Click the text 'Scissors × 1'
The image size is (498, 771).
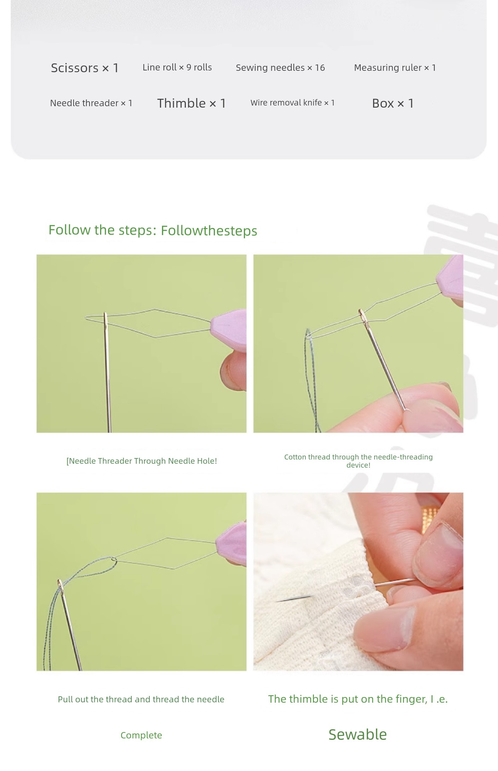(x=85, y=68)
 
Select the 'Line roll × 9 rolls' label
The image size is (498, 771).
(x=177, y=67)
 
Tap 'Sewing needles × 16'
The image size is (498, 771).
(x=280, y=68)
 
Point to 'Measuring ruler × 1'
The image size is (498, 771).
(x=395, y=68)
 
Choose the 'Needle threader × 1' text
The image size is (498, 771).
(x=91, y=103)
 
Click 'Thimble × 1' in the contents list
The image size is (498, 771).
(x=191, y=103)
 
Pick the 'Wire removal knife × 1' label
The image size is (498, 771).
(x=292, y=103)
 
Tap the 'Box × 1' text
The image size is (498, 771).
(x=393, y=103)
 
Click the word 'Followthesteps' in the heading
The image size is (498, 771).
(x=209, y=231)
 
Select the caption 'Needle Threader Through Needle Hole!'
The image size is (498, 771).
(x=143, y=461)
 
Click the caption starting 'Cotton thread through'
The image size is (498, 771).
(x=358, y=461)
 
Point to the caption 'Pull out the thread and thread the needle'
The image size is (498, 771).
(x=141, y=699)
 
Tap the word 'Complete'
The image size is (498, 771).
(x=141, y=735)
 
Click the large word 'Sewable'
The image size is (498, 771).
(x=357, y=735)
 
